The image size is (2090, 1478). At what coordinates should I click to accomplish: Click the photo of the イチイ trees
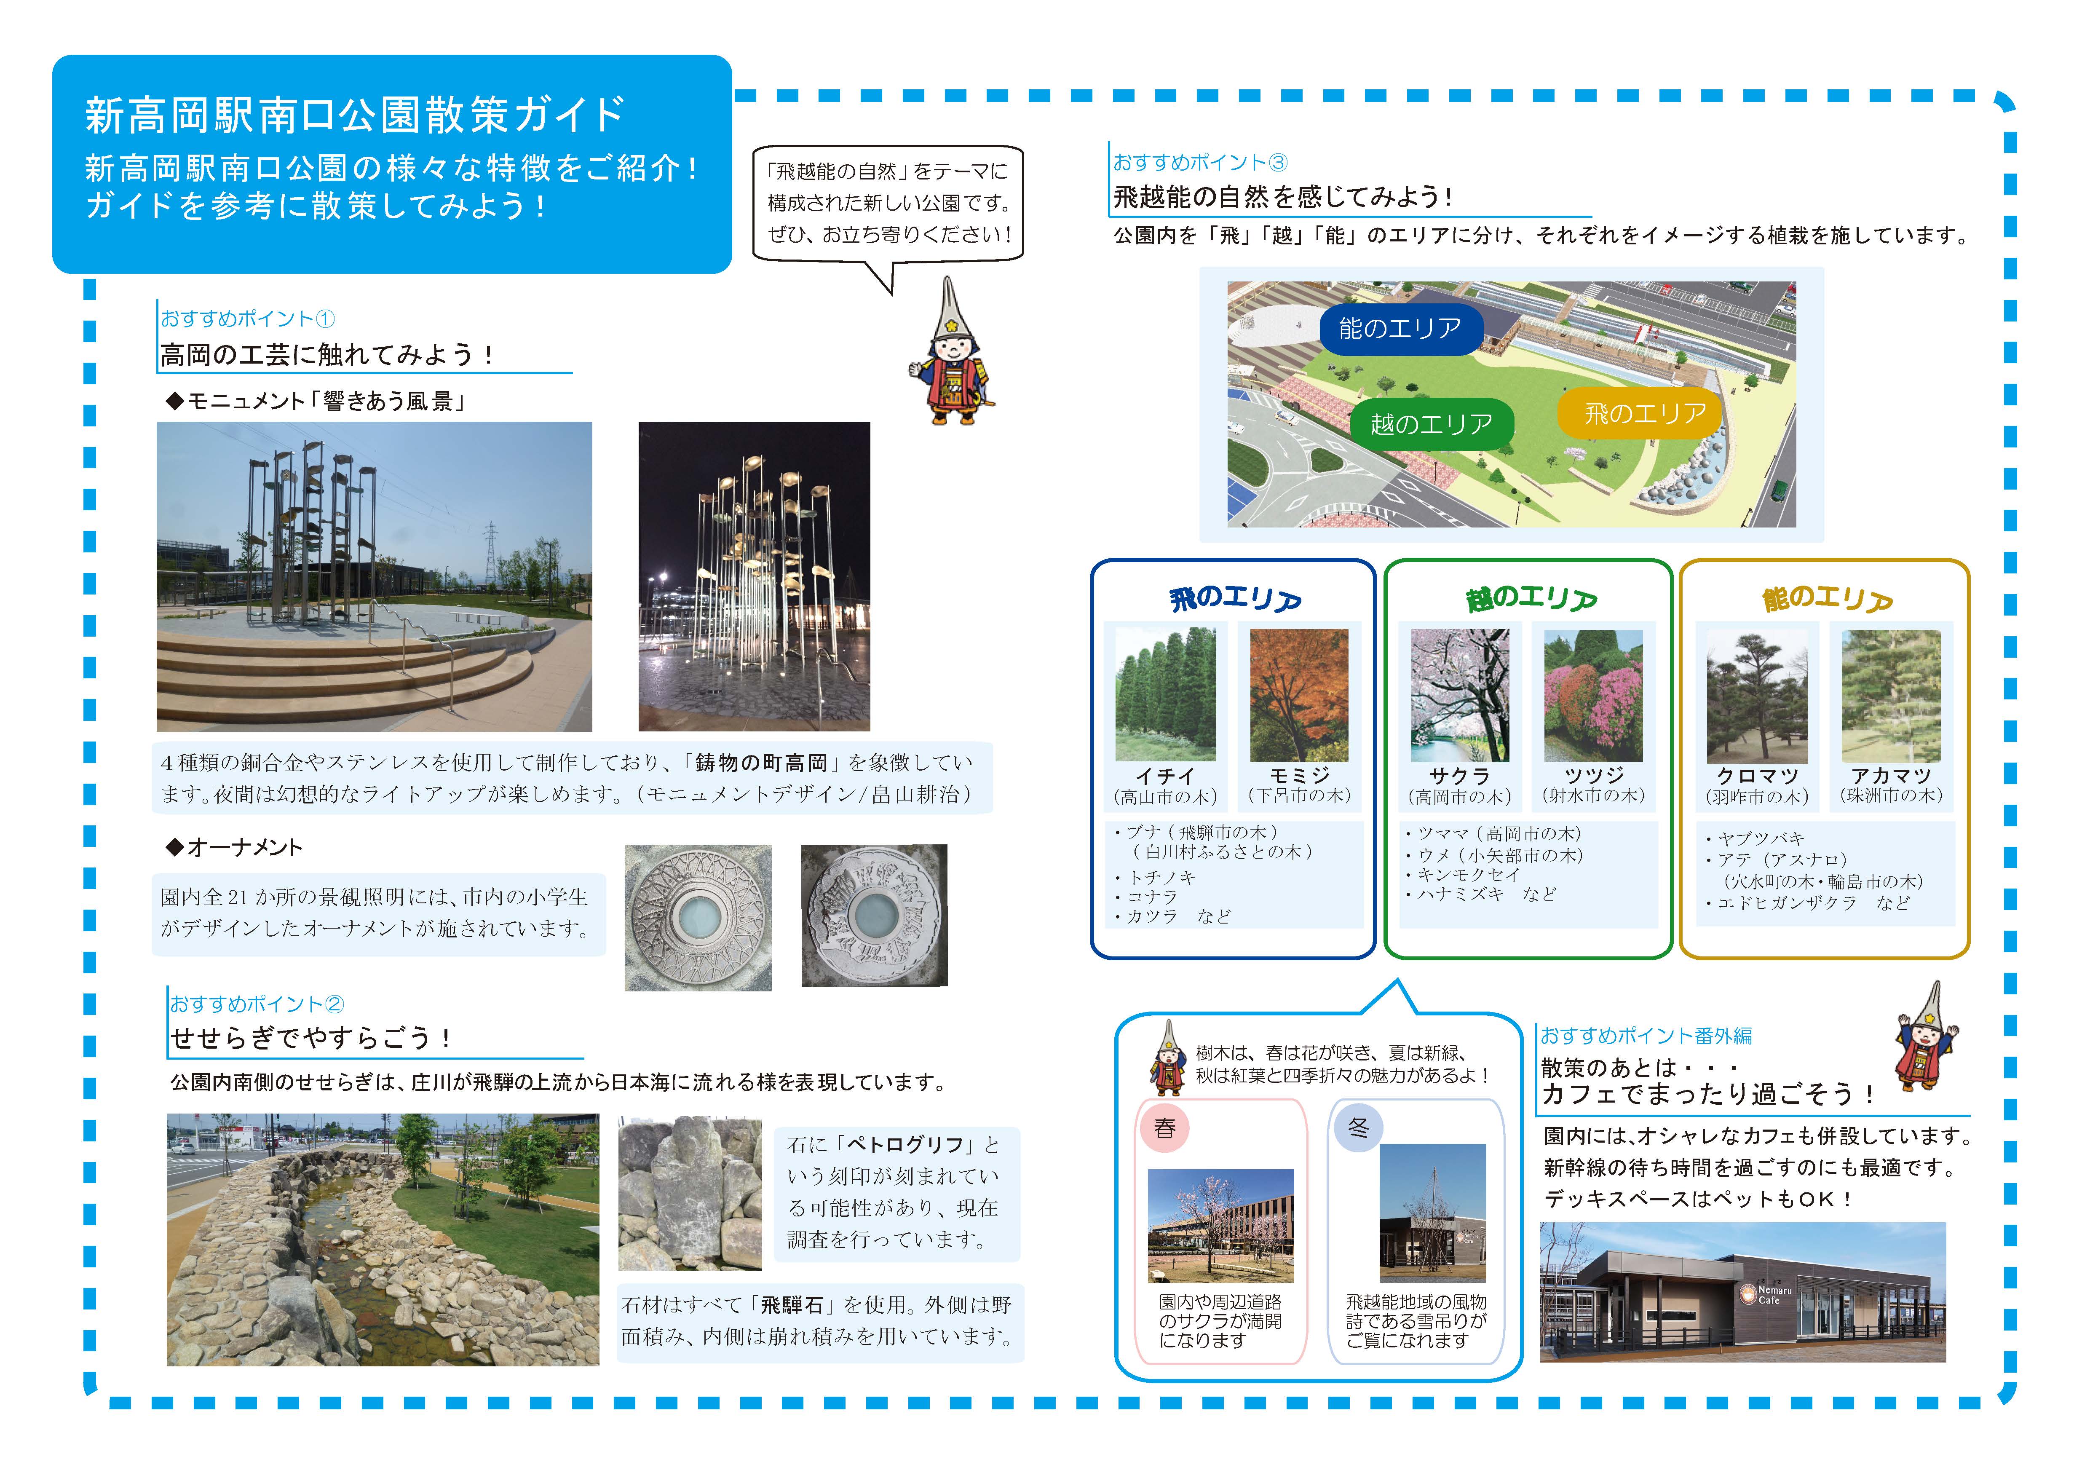point(1165,694)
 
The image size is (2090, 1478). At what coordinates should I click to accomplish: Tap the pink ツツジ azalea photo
point(1593,695)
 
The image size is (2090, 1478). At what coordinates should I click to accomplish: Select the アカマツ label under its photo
point(1891,775)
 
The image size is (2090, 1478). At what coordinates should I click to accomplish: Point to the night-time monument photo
point(754,576)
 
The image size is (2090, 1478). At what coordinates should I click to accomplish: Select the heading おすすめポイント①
point(248,319)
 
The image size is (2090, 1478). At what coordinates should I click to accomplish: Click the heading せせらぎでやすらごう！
point(311,1038)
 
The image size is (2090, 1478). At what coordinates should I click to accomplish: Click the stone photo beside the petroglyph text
point(690,1193)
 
